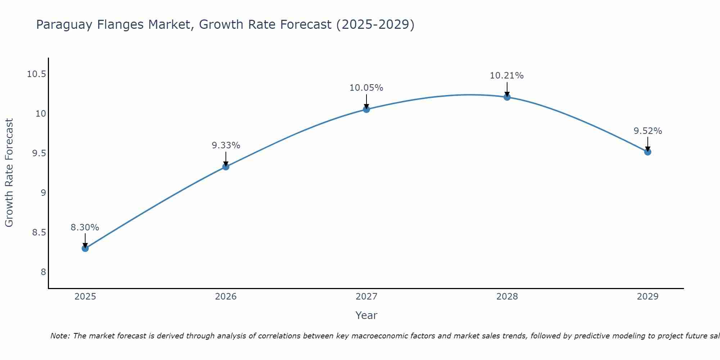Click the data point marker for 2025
tap(85, 248)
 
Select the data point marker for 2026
tap(226, 167)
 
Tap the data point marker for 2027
tap(366, 109)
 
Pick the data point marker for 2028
tap(507, 97)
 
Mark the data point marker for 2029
tap(648, 152)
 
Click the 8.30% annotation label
tap(85, 228)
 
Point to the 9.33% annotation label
tap(226, 145)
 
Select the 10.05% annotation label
tap(366, 88)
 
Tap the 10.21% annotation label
tap(507, 76)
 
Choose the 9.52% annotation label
tap(648, 131)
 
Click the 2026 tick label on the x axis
tap(226, 297)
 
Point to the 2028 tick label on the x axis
tap(507, 297)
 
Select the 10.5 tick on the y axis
tap(37, 75)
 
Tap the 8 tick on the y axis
tap(43, 272)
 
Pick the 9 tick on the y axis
tap(43, 193)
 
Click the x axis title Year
tap(366, 315)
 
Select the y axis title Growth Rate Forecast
tap(9, 173)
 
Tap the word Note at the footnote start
tap(59, 336)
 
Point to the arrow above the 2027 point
tap(366, 101)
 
